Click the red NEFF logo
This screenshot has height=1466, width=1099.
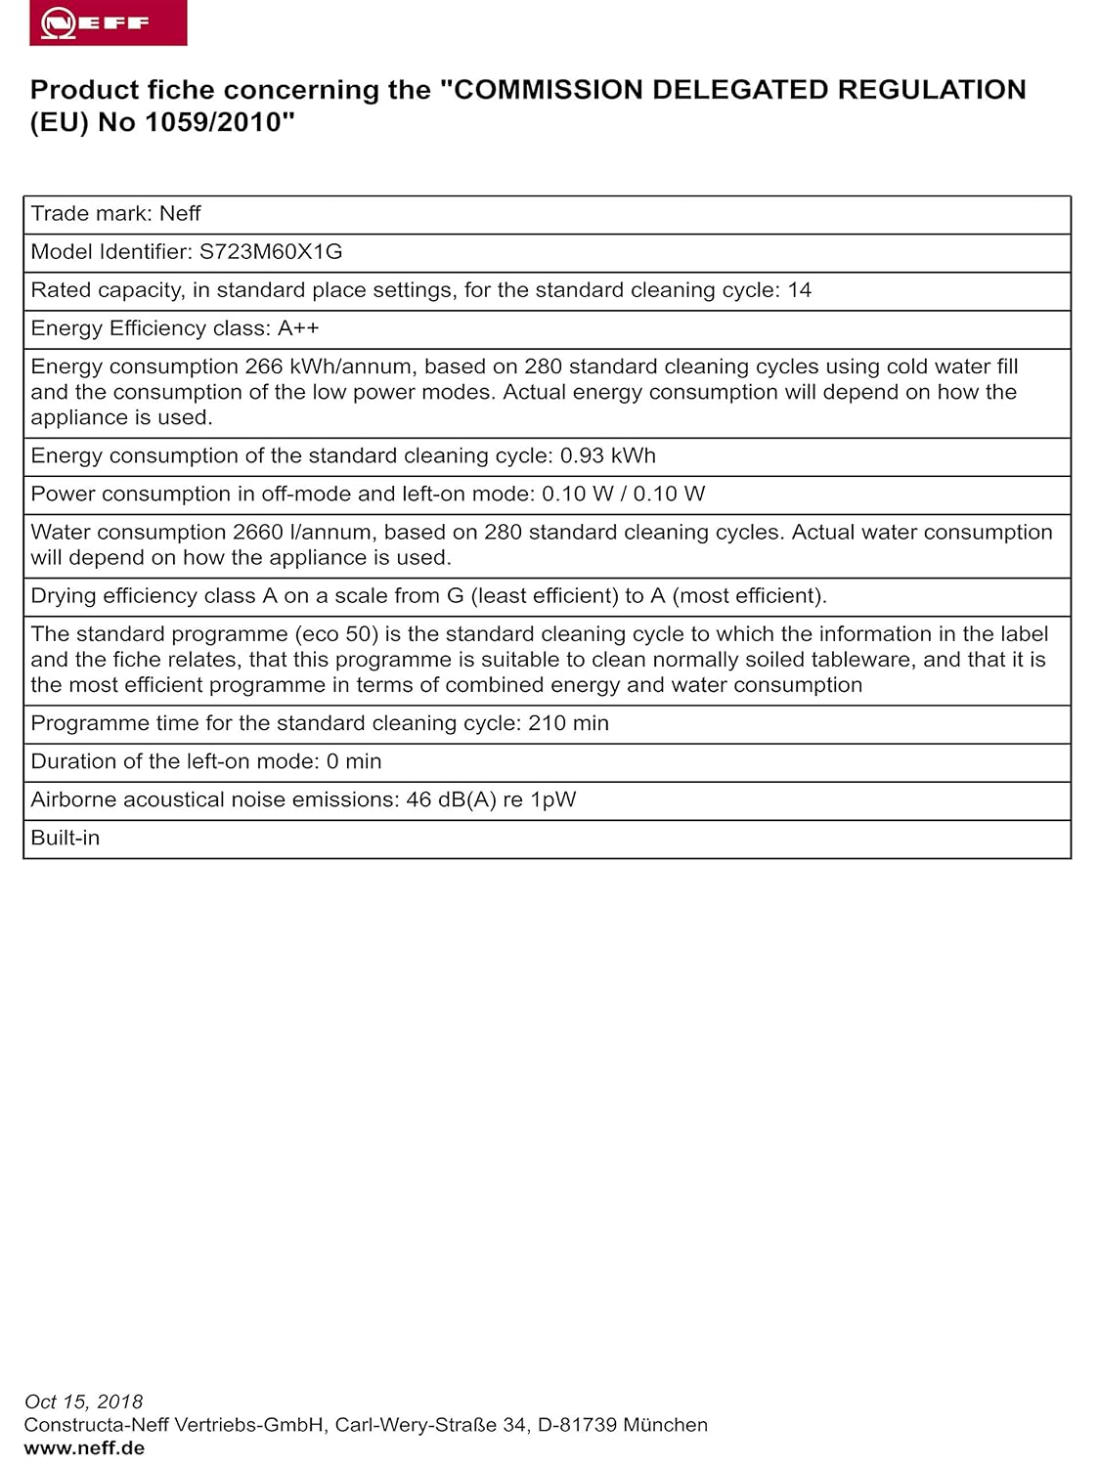tap(108, 23)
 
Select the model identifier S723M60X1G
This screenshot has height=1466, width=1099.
tap(271, 252)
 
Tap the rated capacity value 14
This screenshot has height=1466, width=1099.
tap(800, 290)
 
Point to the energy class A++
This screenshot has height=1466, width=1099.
tap(298, 328)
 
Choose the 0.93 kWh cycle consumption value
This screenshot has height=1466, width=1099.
tap(607, 455)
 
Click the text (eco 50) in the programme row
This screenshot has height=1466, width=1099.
tap(336, 634)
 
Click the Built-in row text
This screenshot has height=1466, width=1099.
tap(66, 838)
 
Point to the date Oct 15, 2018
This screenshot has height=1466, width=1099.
tap(84, 1401)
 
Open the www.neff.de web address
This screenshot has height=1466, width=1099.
tap(84, 1448)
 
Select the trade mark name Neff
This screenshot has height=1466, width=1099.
tap(180, 214)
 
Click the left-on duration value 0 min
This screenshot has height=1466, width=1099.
tap(354, 761)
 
